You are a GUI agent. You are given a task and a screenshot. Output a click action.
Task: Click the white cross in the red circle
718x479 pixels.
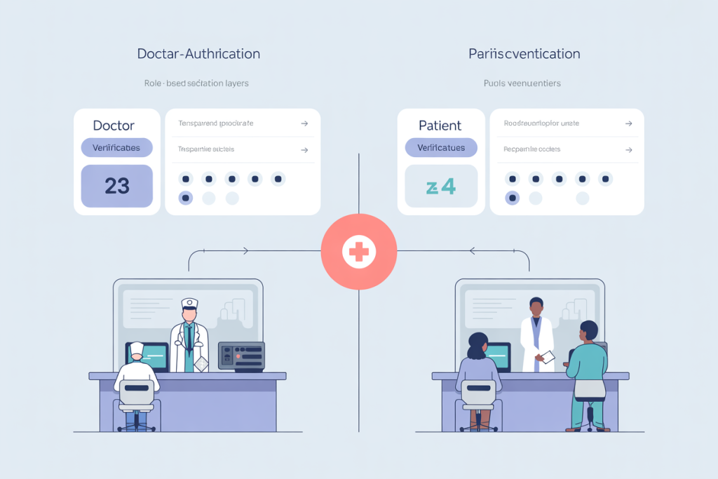(x=358, y=252)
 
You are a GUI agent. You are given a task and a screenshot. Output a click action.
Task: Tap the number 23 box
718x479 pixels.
(x=117, y=186)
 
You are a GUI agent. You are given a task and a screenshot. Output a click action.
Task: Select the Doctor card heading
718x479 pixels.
(x=114, y=126)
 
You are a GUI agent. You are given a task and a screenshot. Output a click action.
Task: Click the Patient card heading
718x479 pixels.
(x=440, y=126)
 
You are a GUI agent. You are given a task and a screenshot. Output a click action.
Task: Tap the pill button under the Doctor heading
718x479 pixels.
(x=116, y=148)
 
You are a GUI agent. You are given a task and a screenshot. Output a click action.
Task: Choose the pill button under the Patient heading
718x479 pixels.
(x=440, y=148)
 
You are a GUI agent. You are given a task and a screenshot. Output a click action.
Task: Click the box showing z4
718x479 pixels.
(x=441, y=187)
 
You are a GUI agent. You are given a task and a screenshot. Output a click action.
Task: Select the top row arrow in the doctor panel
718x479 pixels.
(x=304, y=123)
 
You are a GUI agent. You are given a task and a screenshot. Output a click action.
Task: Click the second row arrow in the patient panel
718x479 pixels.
(x=628, y=149)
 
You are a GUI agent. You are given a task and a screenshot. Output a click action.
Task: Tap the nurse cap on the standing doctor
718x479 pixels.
(x=190, y=304)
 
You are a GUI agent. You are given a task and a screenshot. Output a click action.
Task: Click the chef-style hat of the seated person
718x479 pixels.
(x=137, y=349)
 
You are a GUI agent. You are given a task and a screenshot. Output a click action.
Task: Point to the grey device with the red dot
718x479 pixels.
(x=241, y=355)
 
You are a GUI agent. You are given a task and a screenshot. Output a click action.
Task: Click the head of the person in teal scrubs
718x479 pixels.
(x=589, y=330)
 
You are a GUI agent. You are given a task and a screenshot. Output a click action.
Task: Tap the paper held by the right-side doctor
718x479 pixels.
(x=548, y=358)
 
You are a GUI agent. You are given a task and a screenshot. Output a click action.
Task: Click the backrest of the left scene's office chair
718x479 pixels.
(x=137, y=393)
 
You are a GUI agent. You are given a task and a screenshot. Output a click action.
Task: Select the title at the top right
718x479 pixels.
(x=524, y=54)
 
